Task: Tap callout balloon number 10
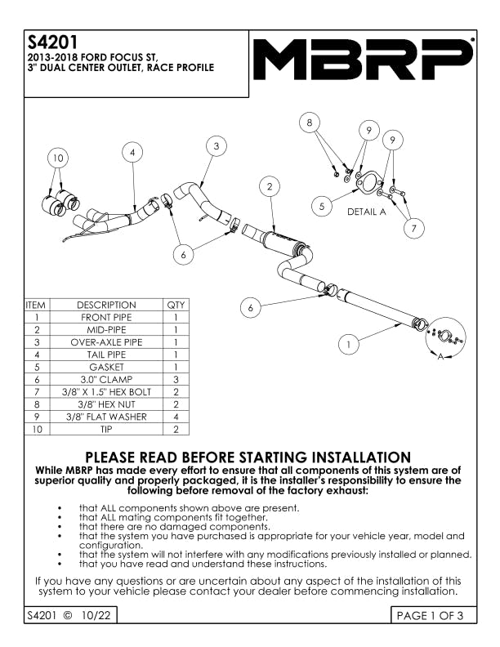(57, 157)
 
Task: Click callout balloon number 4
(133, 152)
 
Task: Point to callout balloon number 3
(215, 146)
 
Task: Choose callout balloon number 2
(270, 187)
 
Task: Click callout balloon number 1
(348, 345)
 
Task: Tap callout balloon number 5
(323, 207)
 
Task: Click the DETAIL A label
(366, 212)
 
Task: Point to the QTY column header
(176, 305)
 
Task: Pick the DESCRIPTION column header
(106, 305)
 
